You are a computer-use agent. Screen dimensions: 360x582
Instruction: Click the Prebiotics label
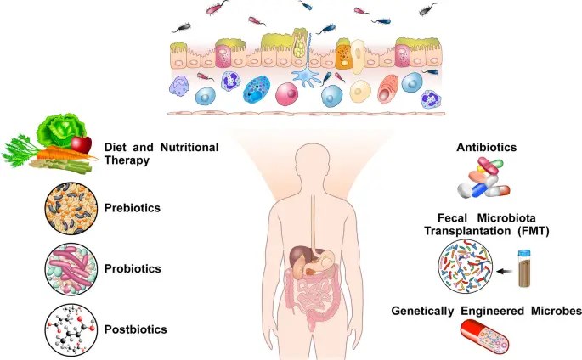(132, 206)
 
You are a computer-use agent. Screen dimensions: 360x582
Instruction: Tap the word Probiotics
(132, 268)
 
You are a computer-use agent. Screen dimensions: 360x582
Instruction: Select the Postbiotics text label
(134, 329)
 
